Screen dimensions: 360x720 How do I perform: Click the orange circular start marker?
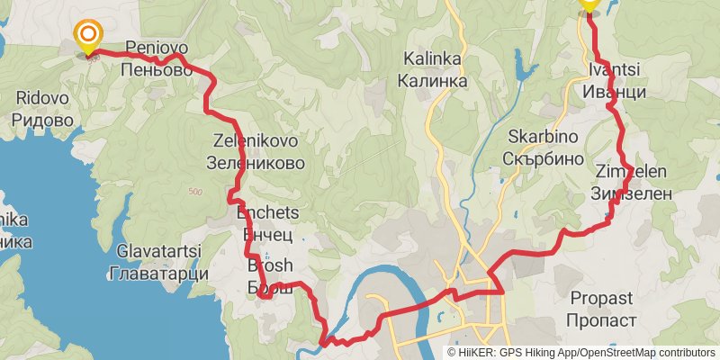(88, 37)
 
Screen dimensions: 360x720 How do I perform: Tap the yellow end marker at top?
(589, 4)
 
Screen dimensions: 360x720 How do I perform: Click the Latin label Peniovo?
(156, 48)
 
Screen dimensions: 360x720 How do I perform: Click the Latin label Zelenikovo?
(256, 141)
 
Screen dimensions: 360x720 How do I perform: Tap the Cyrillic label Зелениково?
(256, 164)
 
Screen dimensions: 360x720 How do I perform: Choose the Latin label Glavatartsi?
(158, 250)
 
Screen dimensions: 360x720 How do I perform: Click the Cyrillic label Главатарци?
(158, 273)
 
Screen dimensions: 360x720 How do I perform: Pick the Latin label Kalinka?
(433, 59)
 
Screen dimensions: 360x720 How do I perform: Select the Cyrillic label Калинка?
(433, 81)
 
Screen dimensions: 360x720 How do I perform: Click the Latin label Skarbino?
(542, 137)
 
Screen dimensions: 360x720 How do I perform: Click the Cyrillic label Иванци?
(615, 92)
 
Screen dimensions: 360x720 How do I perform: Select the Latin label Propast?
(600, 298)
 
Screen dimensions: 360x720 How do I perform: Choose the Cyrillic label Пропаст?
(600, 319)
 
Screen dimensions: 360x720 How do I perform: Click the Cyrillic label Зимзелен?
(632, 193)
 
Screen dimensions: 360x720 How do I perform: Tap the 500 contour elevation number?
(197, 192)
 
